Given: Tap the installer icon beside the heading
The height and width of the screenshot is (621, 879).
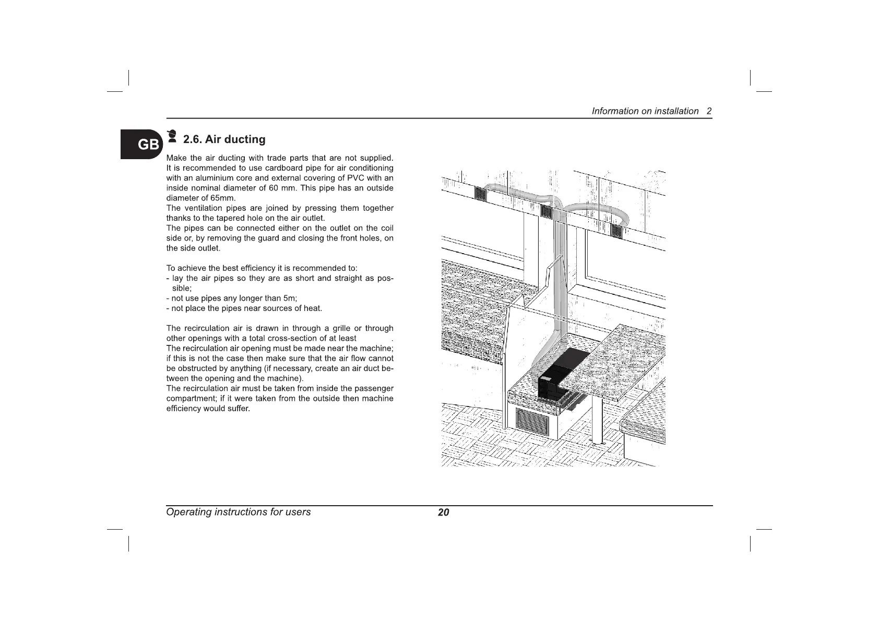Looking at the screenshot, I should click(171, 137).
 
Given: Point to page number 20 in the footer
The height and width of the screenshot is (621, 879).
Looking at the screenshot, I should click(443, 512).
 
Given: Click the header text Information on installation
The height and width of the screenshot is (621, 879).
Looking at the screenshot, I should click(645, 111).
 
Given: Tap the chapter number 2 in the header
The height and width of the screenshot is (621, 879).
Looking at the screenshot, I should click(709, 111).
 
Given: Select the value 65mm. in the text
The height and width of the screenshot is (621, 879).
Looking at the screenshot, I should click(222, 198).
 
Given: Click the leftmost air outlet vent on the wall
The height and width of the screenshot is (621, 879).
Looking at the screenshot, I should click(481, 195).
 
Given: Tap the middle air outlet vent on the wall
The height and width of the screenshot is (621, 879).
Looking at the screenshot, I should click(546, 212).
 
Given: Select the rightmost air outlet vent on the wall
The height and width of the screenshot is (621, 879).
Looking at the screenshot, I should click(617, 232).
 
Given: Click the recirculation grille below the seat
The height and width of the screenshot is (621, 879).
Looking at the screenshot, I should click(533, 421).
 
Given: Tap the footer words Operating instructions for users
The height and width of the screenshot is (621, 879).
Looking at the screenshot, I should click(238, 512).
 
